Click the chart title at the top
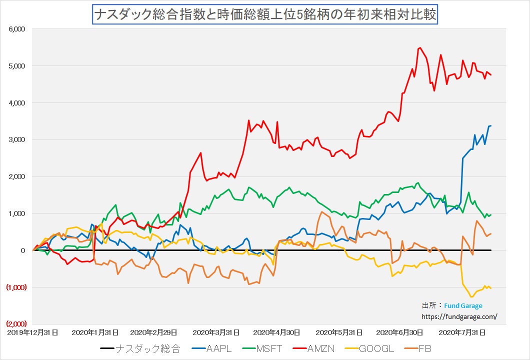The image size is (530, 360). [265, 14]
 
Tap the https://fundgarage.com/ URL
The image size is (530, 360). [459, 316]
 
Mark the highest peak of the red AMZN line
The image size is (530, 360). [419, 48]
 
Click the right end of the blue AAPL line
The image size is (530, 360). [491, 125]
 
